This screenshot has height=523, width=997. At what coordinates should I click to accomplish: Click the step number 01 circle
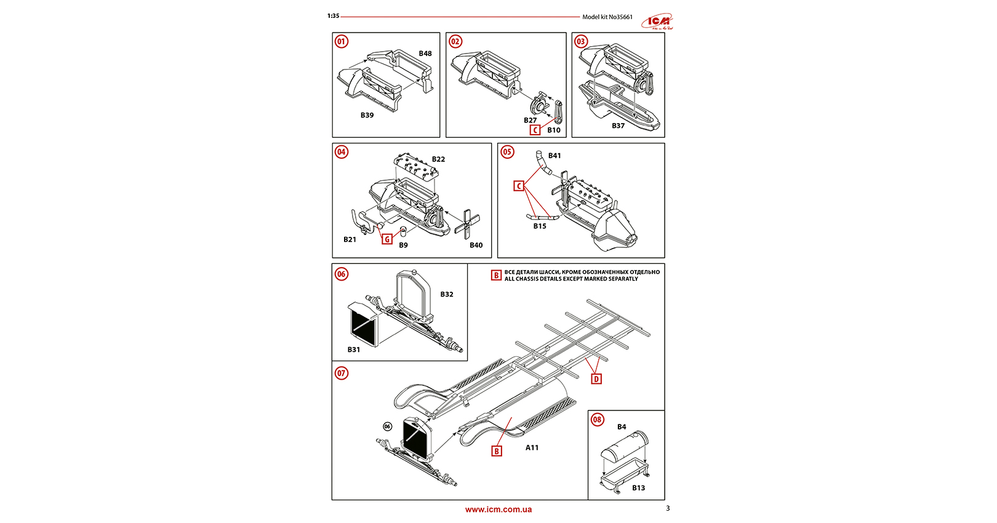342,42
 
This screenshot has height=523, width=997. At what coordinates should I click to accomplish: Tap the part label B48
425,54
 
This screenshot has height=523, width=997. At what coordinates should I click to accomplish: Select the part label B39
367,115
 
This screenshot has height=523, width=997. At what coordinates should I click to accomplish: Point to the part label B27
530,121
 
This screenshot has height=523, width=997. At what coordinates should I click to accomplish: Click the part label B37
618,126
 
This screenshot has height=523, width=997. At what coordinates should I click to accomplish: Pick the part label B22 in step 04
438,159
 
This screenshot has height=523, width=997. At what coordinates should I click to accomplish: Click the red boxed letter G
387,239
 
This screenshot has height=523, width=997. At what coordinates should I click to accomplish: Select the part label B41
555,156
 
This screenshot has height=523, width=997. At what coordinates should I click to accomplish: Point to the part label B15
540,226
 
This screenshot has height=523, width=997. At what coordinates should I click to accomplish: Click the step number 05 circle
507,152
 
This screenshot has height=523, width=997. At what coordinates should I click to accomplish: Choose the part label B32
447,294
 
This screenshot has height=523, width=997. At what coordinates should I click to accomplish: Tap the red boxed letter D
596,379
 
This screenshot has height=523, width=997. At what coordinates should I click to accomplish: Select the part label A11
532,448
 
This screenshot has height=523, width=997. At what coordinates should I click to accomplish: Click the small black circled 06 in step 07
387,426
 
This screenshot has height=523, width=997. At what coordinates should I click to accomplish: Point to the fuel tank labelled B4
625,448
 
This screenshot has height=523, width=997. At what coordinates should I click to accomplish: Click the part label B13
639,488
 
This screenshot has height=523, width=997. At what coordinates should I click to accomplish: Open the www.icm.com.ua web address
499,509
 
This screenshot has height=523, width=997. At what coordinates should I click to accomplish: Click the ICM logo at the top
657,22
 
